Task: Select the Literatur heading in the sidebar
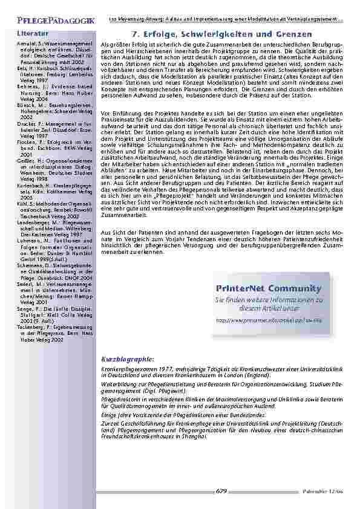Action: [x=33, y=33]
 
